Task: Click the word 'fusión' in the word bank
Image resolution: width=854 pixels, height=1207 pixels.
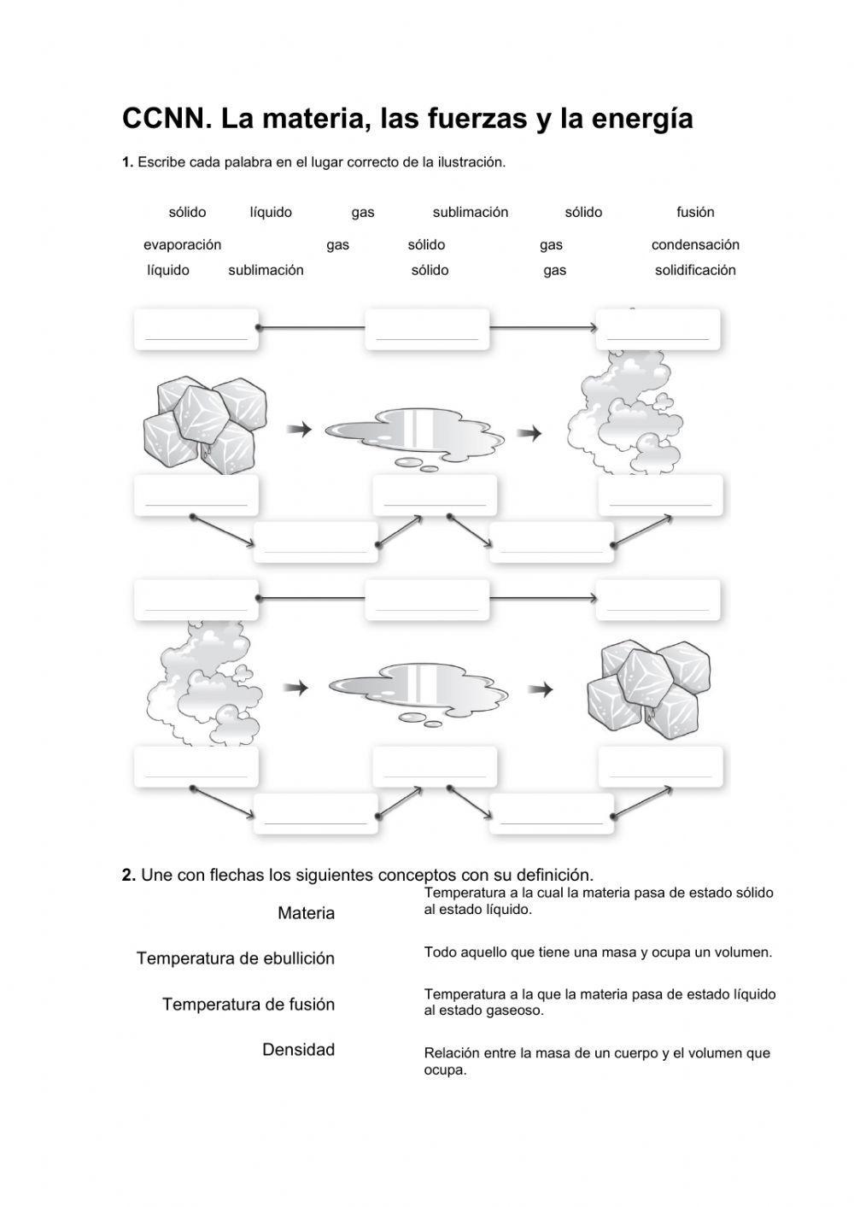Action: [695, 212]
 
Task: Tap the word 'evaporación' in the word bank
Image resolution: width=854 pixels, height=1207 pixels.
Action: [182, 244]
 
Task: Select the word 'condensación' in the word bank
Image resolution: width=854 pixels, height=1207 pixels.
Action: [695, 244]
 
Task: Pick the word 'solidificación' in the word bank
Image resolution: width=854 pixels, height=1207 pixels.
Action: [695, 270]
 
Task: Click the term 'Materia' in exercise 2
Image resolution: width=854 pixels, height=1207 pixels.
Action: [306, 913]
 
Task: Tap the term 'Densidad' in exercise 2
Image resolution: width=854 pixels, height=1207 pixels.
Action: [298, 1050]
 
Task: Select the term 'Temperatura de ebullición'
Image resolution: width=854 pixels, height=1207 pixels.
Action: [235, 958]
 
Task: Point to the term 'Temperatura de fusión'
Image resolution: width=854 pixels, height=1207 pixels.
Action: [248, 1005]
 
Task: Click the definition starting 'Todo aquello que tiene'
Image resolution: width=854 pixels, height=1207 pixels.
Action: [598, 952]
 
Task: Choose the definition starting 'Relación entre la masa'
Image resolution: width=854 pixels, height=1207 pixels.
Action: [597, 1061]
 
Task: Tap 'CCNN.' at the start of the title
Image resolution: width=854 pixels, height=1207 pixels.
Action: [167, 119]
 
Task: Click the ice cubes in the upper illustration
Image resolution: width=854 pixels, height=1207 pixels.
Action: [203, 422]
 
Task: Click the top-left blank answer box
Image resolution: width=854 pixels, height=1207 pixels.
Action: [196, 330]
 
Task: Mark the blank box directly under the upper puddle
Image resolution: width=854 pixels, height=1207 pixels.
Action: [435, 495]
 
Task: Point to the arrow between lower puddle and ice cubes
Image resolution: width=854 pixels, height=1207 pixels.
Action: [541, 688]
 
